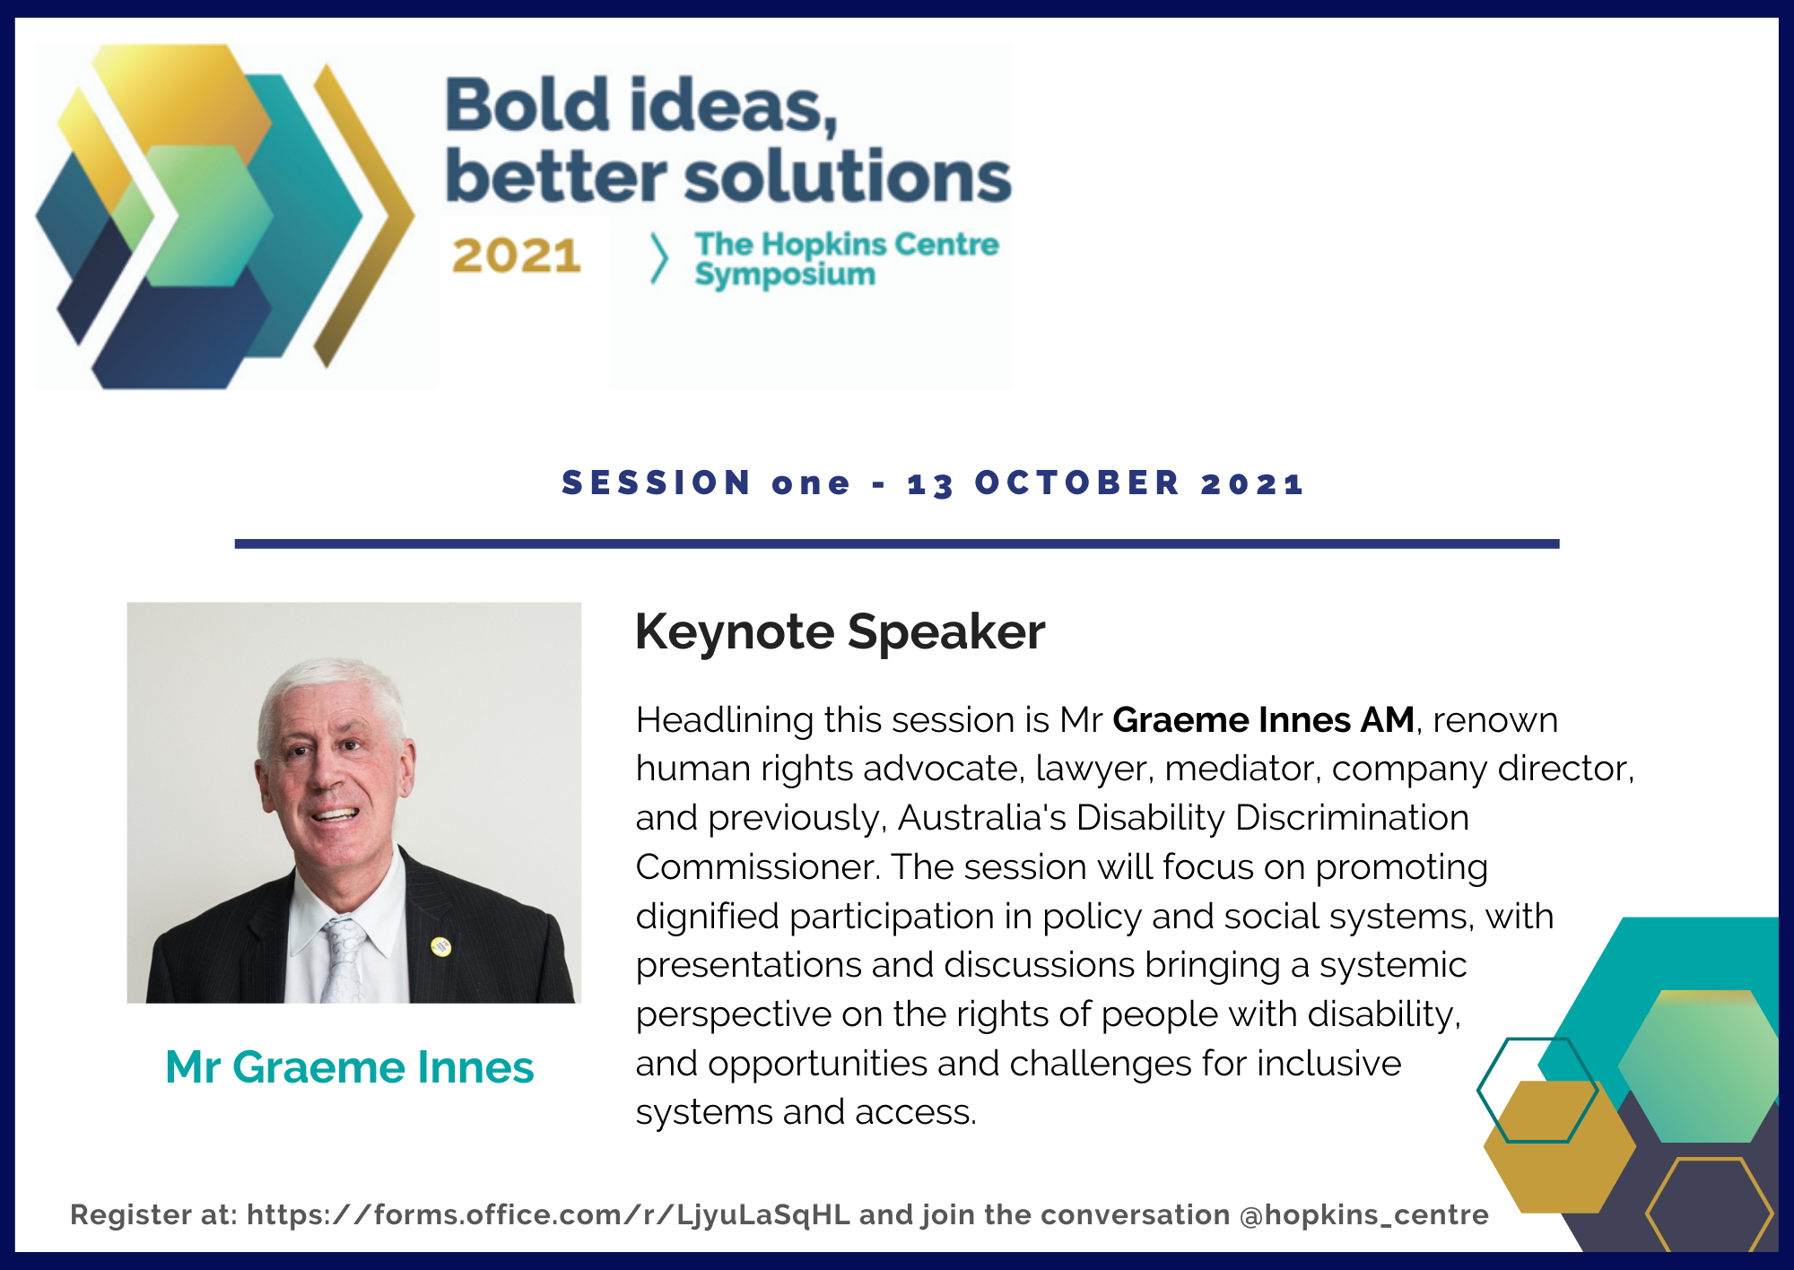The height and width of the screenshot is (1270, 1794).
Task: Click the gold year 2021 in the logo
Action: (x=517, y=257)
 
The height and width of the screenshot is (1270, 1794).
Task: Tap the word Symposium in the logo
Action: (x=785, y=274)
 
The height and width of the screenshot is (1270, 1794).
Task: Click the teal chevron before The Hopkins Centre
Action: (x=659, y=258)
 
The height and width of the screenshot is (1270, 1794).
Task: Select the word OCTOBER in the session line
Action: (x=1077, y=483)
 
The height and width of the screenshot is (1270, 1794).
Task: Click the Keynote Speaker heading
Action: (x=840, y=631)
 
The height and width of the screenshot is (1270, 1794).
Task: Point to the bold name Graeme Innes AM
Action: (x=1263, y=720)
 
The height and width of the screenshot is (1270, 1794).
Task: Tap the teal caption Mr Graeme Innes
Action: (x=350, y=1067)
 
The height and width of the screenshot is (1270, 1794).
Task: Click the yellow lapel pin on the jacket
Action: (x=440, y=945)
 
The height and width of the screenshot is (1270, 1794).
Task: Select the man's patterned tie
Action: (x=344, y=960)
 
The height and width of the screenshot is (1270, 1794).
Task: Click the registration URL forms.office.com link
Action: (x=548, y=1214)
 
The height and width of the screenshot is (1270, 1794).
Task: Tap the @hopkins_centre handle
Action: (x=1363, y=1214)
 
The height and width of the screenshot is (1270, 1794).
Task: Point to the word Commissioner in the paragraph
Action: (x=757, y=867)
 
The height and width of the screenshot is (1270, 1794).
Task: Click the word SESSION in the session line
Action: (x=657, y=483)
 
